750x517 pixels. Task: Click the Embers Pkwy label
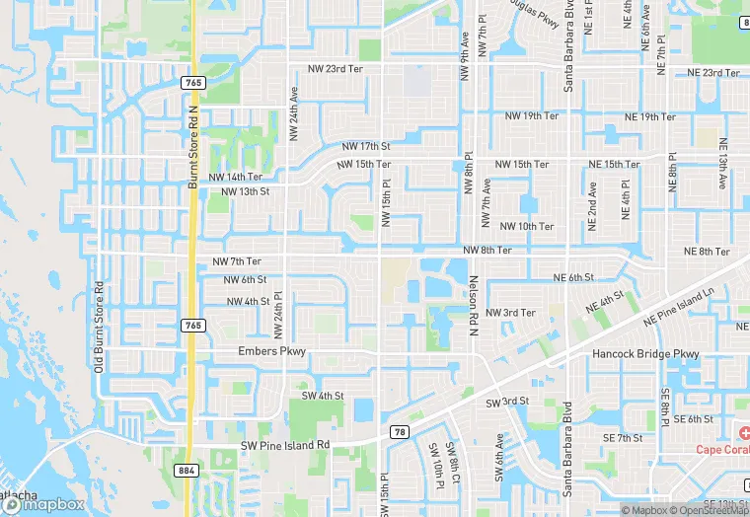(272, 351)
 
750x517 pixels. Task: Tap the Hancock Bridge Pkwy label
(645, 353)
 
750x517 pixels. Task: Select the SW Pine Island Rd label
(285, 446)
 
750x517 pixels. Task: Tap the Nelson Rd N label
(474, 307)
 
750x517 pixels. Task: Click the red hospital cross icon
(741, 432)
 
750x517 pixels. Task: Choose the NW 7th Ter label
(237, 261)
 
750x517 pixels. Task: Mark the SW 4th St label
(323, 396)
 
